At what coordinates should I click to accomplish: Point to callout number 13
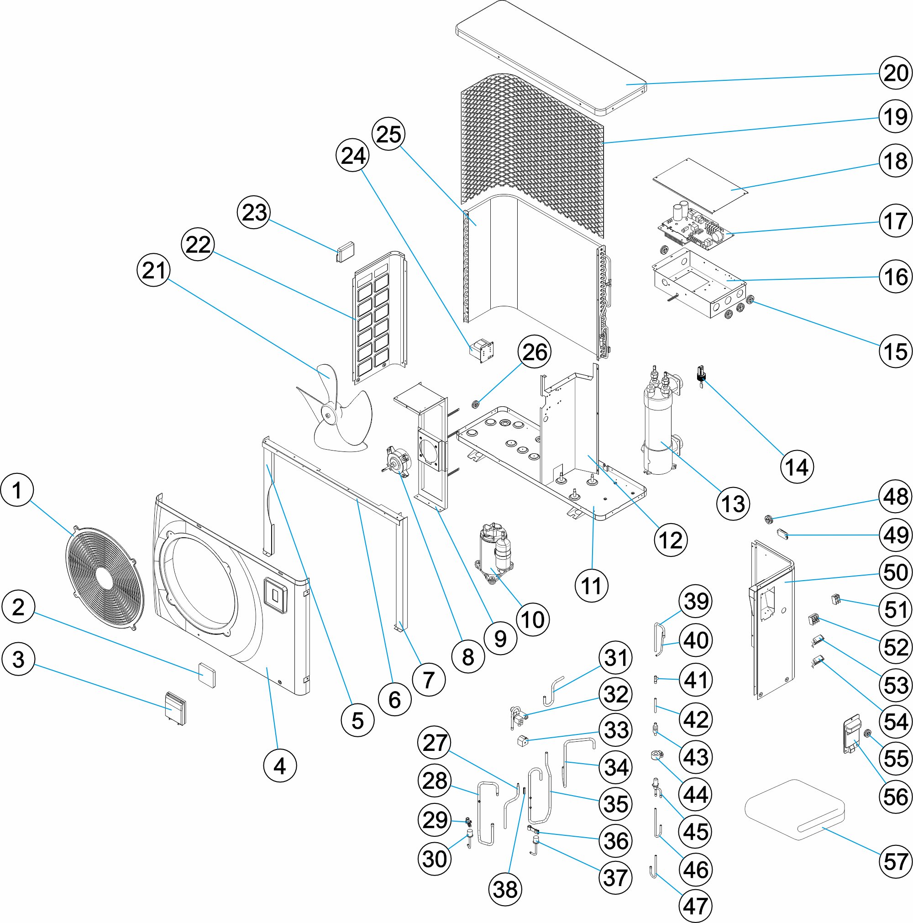tap(733, 503)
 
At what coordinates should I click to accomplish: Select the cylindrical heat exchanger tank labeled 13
tap(659, 430)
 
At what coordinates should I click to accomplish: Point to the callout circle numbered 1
tap(17, 490)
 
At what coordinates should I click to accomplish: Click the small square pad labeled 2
tap(207, 674)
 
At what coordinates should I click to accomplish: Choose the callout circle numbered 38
tap(505, 890)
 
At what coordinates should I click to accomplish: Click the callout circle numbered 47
tap(696, 906)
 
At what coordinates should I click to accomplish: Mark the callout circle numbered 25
tap(389, 134)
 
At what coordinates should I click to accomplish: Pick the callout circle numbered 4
tap(279, 766)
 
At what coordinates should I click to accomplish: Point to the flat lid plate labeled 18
tap(700, 186)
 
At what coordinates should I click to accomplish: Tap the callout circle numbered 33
tap(616, 730)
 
